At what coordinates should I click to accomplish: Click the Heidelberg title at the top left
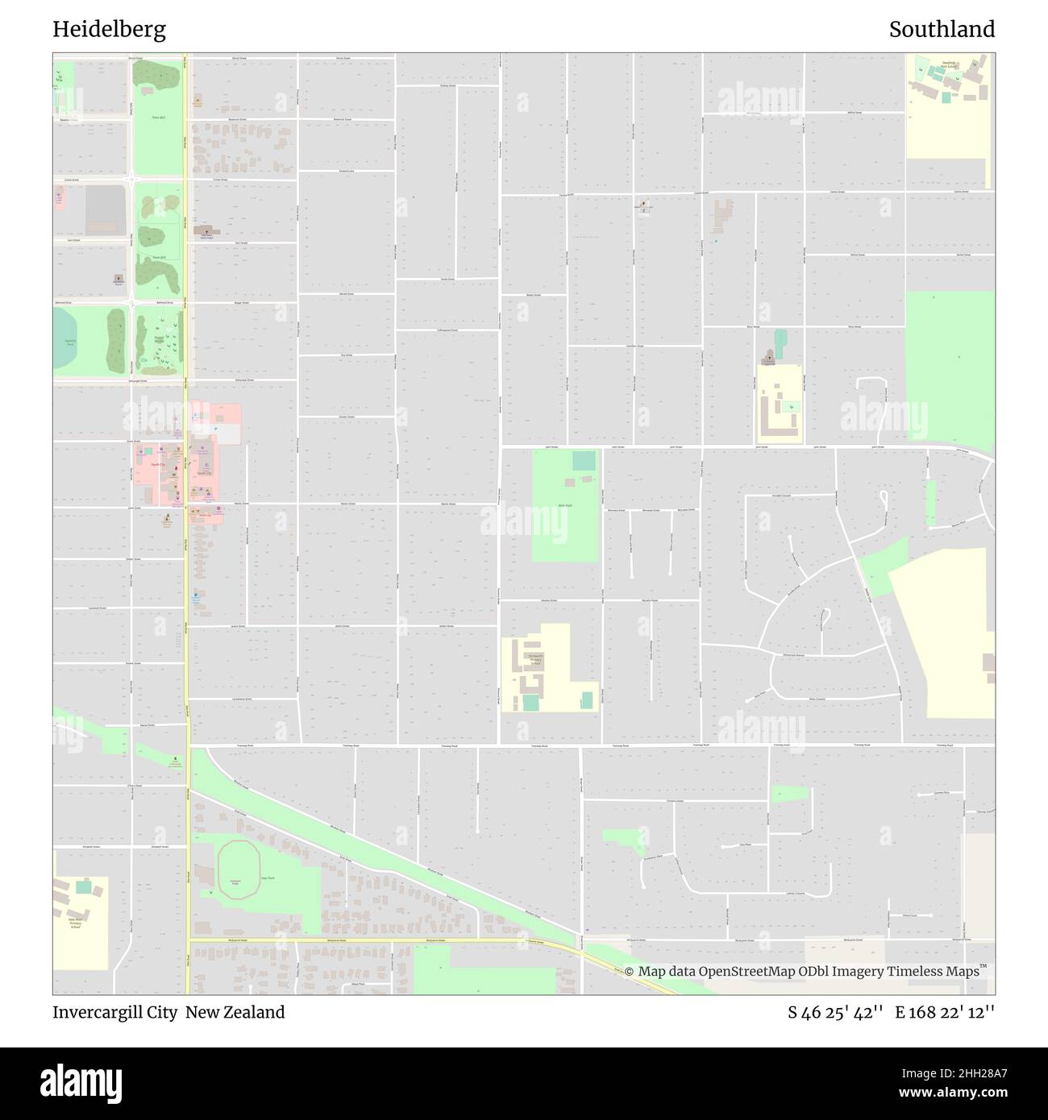110,30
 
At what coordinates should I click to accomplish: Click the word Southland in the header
942,30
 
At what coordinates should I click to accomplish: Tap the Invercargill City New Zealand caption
168,1012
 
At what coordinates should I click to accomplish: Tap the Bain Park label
564,506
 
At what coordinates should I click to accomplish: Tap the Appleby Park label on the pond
69,342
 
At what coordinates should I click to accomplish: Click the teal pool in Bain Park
584,461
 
